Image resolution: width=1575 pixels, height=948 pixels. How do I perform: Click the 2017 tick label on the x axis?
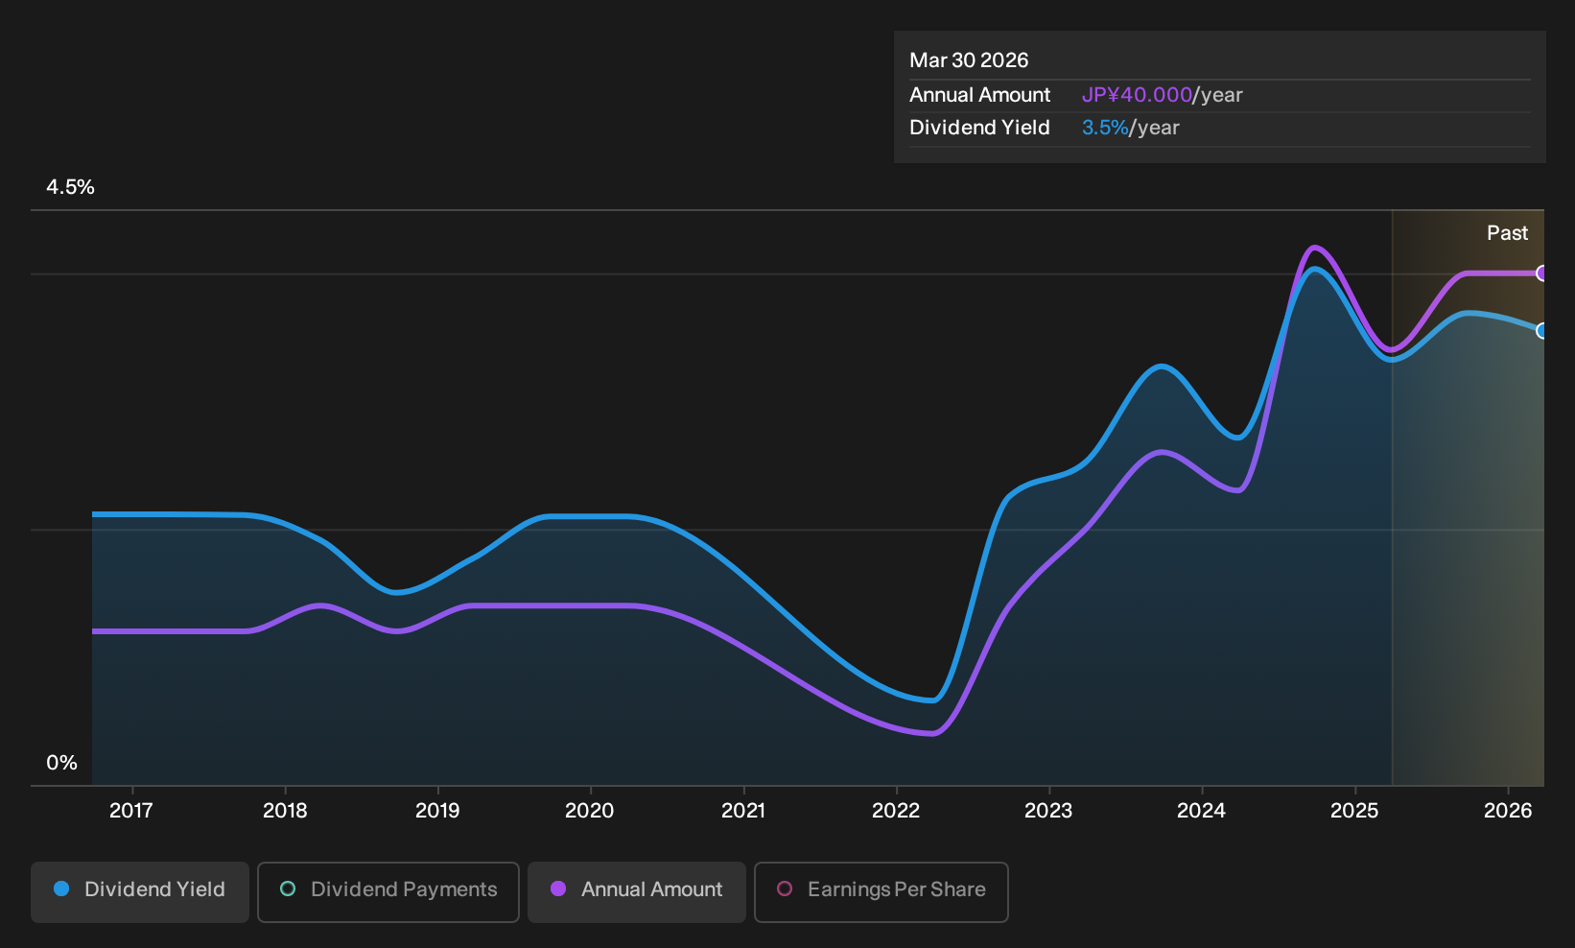tap(131, 811)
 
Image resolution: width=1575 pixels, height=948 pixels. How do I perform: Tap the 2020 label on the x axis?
tap(590, 811)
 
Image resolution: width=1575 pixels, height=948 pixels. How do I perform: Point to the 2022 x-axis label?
tap(896, 811)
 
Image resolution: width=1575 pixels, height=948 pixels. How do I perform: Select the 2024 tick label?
tap(1202, 811)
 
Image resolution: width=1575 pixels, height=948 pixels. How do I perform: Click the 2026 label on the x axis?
tap(1508, 811)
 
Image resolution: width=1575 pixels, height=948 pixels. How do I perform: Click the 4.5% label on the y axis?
tap(70, 187)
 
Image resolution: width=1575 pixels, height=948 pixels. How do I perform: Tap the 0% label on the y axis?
tap(62, 763)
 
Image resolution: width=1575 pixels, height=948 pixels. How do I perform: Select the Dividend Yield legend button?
tap(140, 891)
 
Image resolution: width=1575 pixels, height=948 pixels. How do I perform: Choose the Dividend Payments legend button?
tap(388, 891)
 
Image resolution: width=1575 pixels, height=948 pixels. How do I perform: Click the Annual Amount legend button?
tap(636, 891)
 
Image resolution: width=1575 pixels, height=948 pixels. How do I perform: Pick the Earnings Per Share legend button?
tap(881, 891)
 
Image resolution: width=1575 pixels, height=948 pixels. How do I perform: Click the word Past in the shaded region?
tap(1508, 233)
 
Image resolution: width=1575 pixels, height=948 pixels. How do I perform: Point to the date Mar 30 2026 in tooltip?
tap(969, 60)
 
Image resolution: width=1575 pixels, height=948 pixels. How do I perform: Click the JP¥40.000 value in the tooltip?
tap(1137, 95)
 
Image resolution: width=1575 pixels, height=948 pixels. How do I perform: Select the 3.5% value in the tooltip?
tap(1105, 128)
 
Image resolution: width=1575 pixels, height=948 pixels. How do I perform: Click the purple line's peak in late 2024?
tap(1314, 247)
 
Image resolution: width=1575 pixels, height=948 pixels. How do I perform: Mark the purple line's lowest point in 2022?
tap(932, 733)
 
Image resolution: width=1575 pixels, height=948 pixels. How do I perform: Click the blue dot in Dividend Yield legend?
tap(62, 889)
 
